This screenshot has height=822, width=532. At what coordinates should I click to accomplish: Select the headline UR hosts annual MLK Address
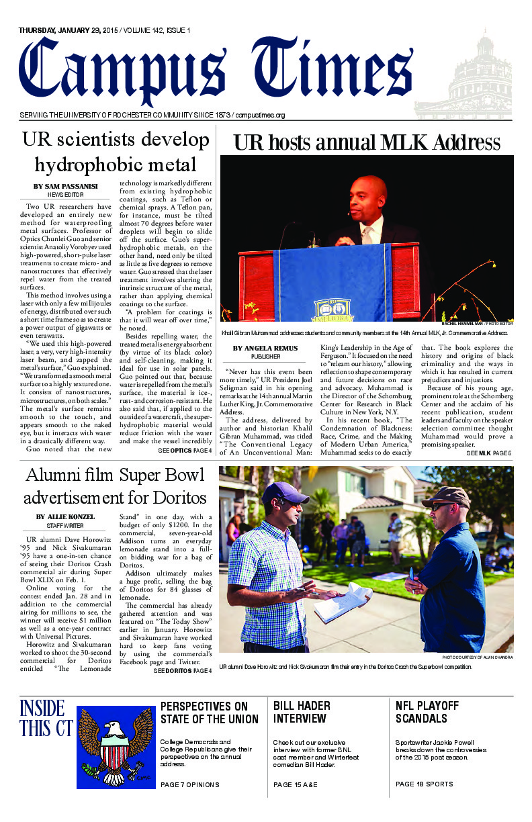tap(366, 142)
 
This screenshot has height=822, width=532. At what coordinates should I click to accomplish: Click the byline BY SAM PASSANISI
tap(64, 186)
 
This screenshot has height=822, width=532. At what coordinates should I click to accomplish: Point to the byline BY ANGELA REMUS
tap(266, 348)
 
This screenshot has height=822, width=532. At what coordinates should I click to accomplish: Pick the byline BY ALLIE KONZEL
tap(64, 516)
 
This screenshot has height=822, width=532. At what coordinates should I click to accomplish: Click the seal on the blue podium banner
tap(334, 310)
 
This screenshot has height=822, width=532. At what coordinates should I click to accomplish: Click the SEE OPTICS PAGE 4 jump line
tap(185, 451)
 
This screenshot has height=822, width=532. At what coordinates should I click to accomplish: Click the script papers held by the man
tap(343, 601)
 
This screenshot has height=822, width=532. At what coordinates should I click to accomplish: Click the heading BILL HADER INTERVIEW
tap(302, 712)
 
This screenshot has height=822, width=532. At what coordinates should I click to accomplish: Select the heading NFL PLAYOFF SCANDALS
tap(427, 712)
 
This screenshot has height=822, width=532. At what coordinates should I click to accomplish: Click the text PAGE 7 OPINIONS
tap(190, 784)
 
